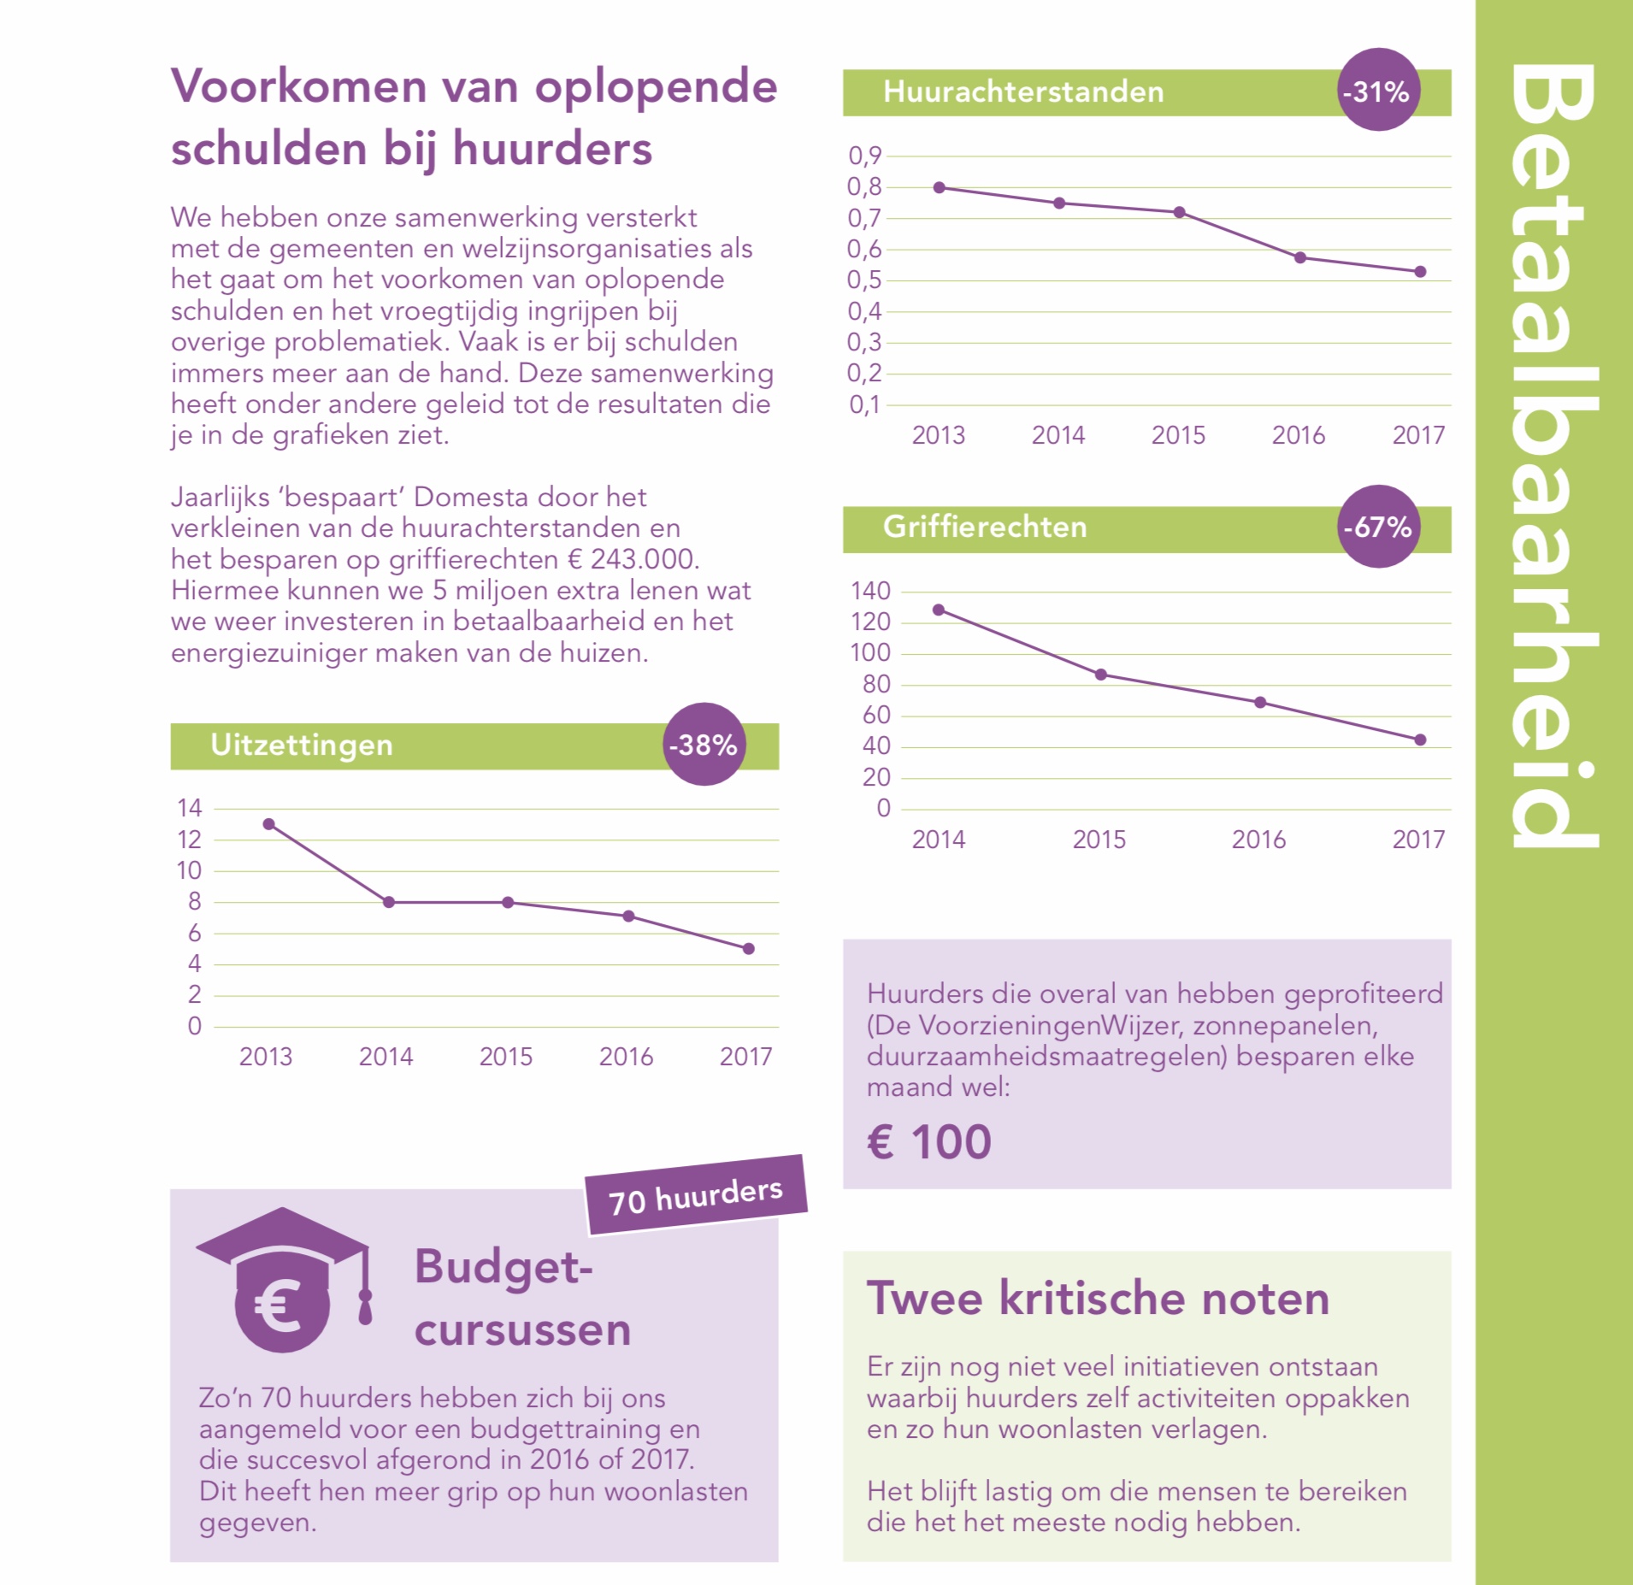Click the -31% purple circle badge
pyautogui.click(x=1377, y=90)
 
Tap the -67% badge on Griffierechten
pyautogui.click(x=1377, y=527)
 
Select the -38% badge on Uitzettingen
pyautogui.click(x=704, y=745)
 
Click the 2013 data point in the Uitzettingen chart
pyautogui.click(x=268, y=824)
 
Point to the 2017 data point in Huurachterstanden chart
pyautogui.click(x=1420, y=272)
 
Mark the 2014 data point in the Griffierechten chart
pyautogui.click(x=939, y=610)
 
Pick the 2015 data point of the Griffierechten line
pyautogui.click(x=1101, y=675)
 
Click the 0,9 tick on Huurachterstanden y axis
pyautogui.click(x=864, y=156)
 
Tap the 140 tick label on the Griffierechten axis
pyautogui.click(x=870, y=591)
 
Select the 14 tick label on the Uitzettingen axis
pyautogui.click(x=190, y=808)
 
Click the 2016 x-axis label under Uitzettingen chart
pyautogui.click(x=626, y=1058)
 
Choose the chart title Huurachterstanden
pyautogui.click(x=1023, y=91)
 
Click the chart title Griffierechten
pyautogui.click(x=985, y=527)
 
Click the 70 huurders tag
pyautogui.click(x=696, y=1195)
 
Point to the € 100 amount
pyautogui.click(x=929, y=1142)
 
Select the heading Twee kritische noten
pyautogui.click(x=1099, y=1299)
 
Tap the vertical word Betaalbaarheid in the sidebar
pyautogui.click(x=1553, y=457)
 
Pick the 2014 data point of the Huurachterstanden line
pyautogui.click(x=1059, y=203)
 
